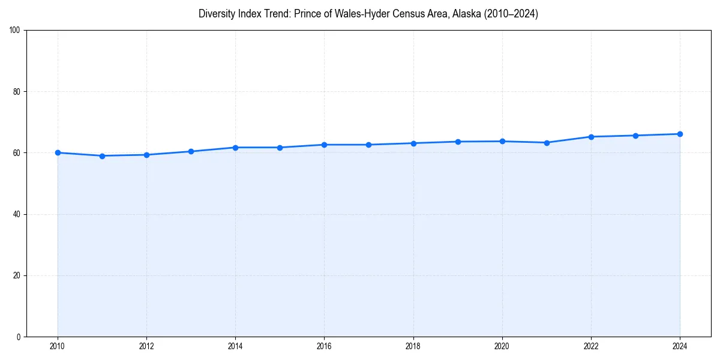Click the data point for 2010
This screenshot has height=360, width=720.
pyautogui.click(x=58, y=152)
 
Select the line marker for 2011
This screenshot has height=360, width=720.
pyautogui.click(x=102, y=156)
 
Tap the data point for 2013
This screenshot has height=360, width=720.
pyautogui.click(x=191, y=151)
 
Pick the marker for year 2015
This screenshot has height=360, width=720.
pyautogui.click(x=280, y=148)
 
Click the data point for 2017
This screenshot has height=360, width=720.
pyautogui.click(x=368, y=145)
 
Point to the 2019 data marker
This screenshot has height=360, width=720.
pyautogui.click(x=458, y=142)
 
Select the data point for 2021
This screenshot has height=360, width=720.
pyautogui.click(x=547, y=143)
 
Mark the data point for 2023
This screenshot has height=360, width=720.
pyautogui.click(x=635, y=136)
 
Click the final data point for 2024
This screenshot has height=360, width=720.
pyautogui.click(x=680, y=134)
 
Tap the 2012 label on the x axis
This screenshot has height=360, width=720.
pyautogui.click(x=146, y=346)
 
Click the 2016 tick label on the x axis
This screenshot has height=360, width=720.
pyautogui.click(x=324, y=346)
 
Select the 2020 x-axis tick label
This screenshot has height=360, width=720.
pyautogui.click(x=502, y=346)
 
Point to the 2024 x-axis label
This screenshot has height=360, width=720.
pyautogui.click(x=680, y=346)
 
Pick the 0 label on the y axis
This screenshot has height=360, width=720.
pyautogui.click(x=19, y=337)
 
